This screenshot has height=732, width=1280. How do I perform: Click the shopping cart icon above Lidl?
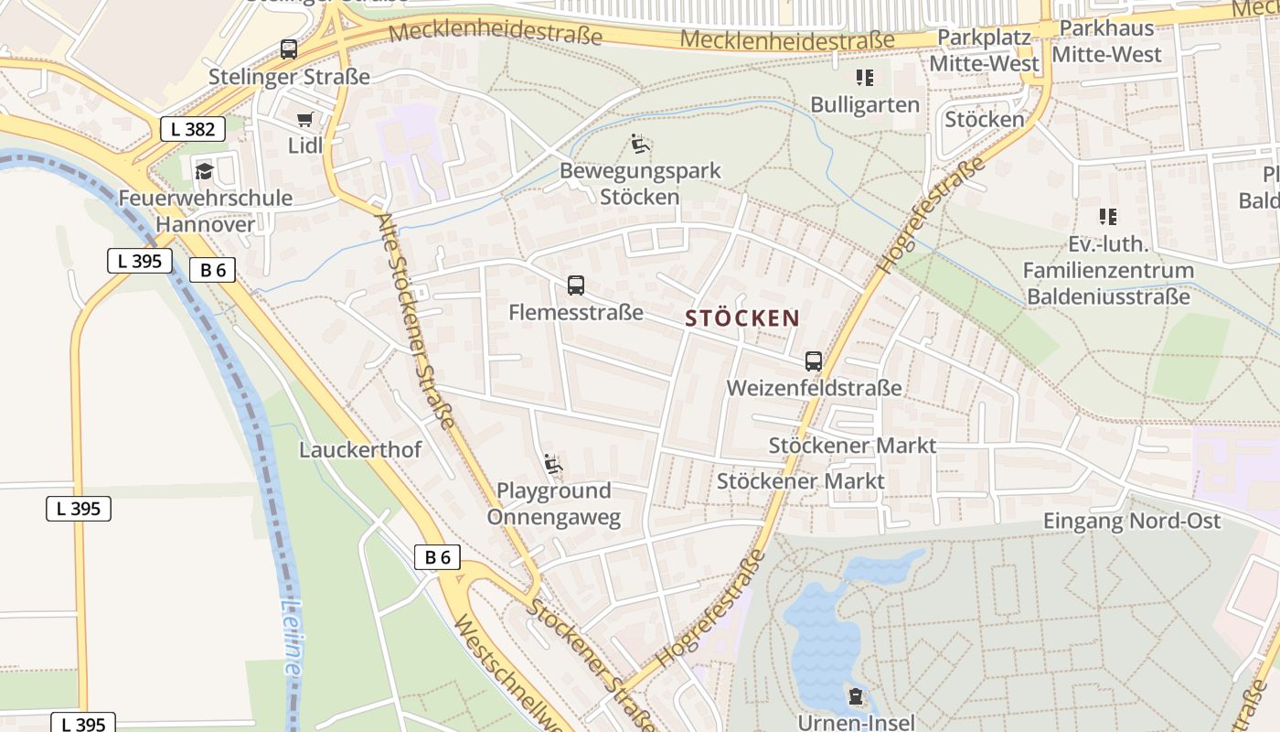305,119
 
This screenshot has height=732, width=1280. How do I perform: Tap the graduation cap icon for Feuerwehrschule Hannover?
203,171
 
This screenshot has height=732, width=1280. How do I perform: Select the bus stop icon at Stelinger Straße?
289,49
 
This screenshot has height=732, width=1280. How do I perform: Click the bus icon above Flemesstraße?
576,285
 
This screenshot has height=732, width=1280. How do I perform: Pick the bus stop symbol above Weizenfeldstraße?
814,361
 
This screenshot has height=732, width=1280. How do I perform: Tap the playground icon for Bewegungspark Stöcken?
640,144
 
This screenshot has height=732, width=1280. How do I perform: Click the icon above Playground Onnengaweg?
553,465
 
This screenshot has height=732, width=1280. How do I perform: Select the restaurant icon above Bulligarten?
864,78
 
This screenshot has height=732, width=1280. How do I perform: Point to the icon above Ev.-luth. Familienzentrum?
1108,217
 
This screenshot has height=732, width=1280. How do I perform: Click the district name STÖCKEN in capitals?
742,318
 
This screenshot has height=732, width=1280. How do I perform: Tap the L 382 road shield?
193,129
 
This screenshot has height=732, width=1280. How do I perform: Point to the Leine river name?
292,637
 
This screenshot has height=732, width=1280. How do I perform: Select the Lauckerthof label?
360,449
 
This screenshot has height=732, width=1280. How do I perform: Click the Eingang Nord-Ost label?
1132,521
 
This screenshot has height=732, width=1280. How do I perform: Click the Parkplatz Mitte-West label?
985,50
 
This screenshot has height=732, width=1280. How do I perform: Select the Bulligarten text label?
865,104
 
